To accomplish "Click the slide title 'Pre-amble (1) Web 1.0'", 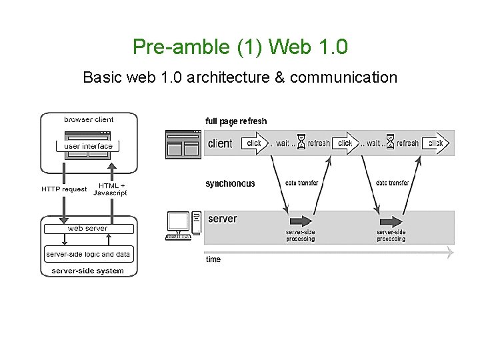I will click(x=240, y=47).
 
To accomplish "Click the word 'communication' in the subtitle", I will click(x=343, y=77).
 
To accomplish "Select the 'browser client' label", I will click(x=89, y=120).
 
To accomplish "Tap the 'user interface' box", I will click(x=89, y=146).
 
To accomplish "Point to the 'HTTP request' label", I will click(x=64, y=189).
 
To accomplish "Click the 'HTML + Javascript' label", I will click(x=110, y=189).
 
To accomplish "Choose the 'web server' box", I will click(x=87, y=229).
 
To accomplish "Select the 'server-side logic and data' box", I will click(x=88, y=254).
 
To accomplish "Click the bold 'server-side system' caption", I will click(x=87, y=271).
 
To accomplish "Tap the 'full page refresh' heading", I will click(x=236, y=121).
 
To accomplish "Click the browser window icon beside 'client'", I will click(x=183, y=143).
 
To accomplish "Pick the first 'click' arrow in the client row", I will click(x=255, y=143).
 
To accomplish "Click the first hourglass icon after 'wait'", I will click(x=301, y=143).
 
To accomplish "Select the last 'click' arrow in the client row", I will click(x=435, y=143).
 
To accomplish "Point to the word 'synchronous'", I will click(x=230, y=184).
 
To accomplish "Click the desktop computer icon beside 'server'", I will click(x=183, y=225).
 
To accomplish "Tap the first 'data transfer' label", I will click(x=301, y=183).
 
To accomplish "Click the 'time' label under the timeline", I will click(x=213, y=259).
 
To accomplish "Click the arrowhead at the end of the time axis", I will click(x=451, y=253).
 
